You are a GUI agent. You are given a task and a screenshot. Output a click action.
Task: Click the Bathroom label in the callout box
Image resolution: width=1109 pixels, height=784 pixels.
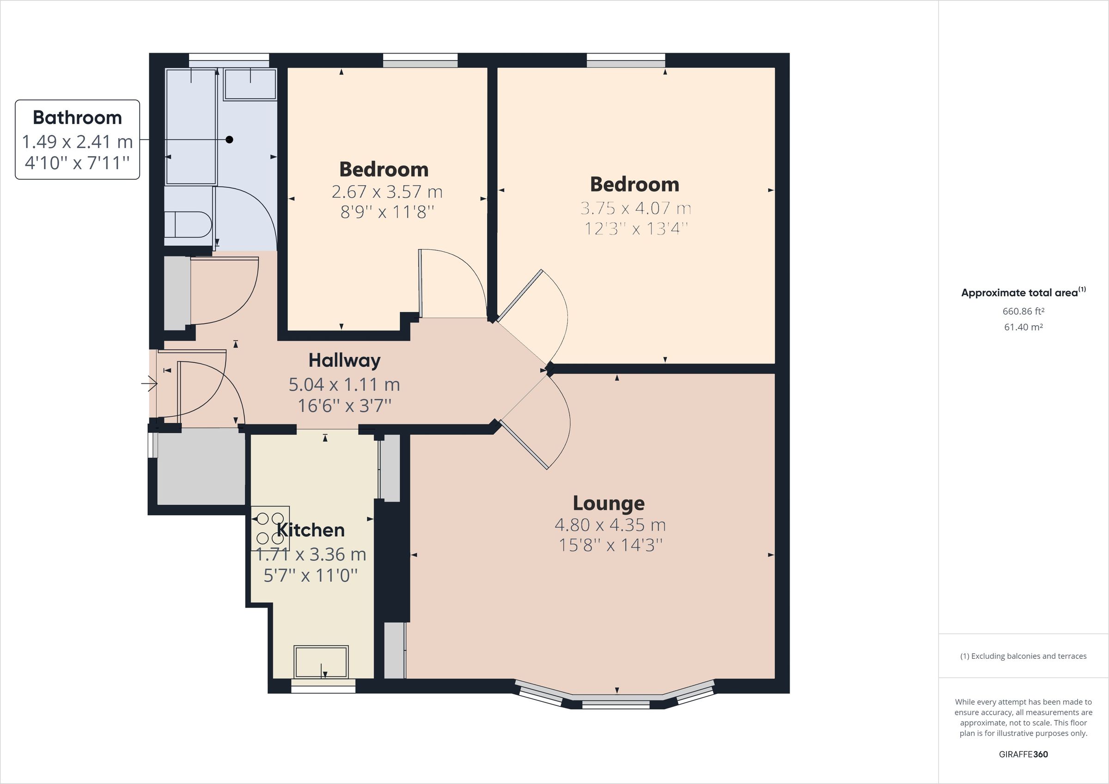[x=77, y=117]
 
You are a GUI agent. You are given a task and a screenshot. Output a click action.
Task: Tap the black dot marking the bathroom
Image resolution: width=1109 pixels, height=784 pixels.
[x=230, y=140]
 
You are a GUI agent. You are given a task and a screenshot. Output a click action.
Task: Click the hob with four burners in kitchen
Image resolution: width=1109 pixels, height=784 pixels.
[x=270, y=528]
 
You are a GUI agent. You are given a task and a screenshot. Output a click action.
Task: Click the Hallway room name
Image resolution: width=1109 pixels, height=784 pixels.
[x=344, y=360]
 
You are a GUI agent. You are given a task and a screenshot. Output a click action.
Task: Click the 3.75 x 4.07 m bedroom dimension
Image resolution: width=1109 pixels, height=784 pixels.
[x=635, y=208]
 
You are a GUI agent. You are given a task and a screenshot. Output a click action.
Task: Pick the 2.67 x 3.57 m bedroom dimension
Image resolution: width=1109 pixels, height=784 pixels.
[x=387, y=192]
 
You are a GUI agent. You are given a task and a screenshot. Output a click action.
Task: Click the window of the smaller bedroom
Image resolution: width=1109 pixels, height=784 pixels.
[x=420, y=61]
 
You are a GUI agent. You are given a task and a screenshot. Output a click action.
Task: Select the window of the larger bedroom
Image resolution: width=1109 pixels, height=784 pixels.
[x=626, y=61]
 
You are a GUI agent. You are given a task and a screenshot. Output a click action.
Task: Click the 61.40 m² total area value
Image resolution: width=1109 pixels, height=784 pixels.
[x=1023, y=327]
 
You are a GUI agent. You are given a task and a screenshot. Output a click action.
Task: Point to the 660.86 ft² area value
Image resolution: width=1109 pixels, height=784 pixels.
[x=1023, y=311]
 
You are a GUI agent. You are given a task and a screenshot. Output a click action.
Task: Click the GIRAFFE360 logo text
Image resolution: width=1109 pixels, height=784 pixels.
[x=1023, y=754]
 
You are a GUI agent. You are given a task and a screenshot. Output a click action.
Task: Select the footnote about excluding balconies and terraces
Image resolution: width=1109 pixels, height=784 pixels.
[x=1023, y=656]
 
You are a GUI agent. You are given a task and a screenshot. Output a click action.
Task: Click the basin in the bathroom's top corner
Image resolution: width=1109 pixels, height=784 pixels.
[x=250, y=85]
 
